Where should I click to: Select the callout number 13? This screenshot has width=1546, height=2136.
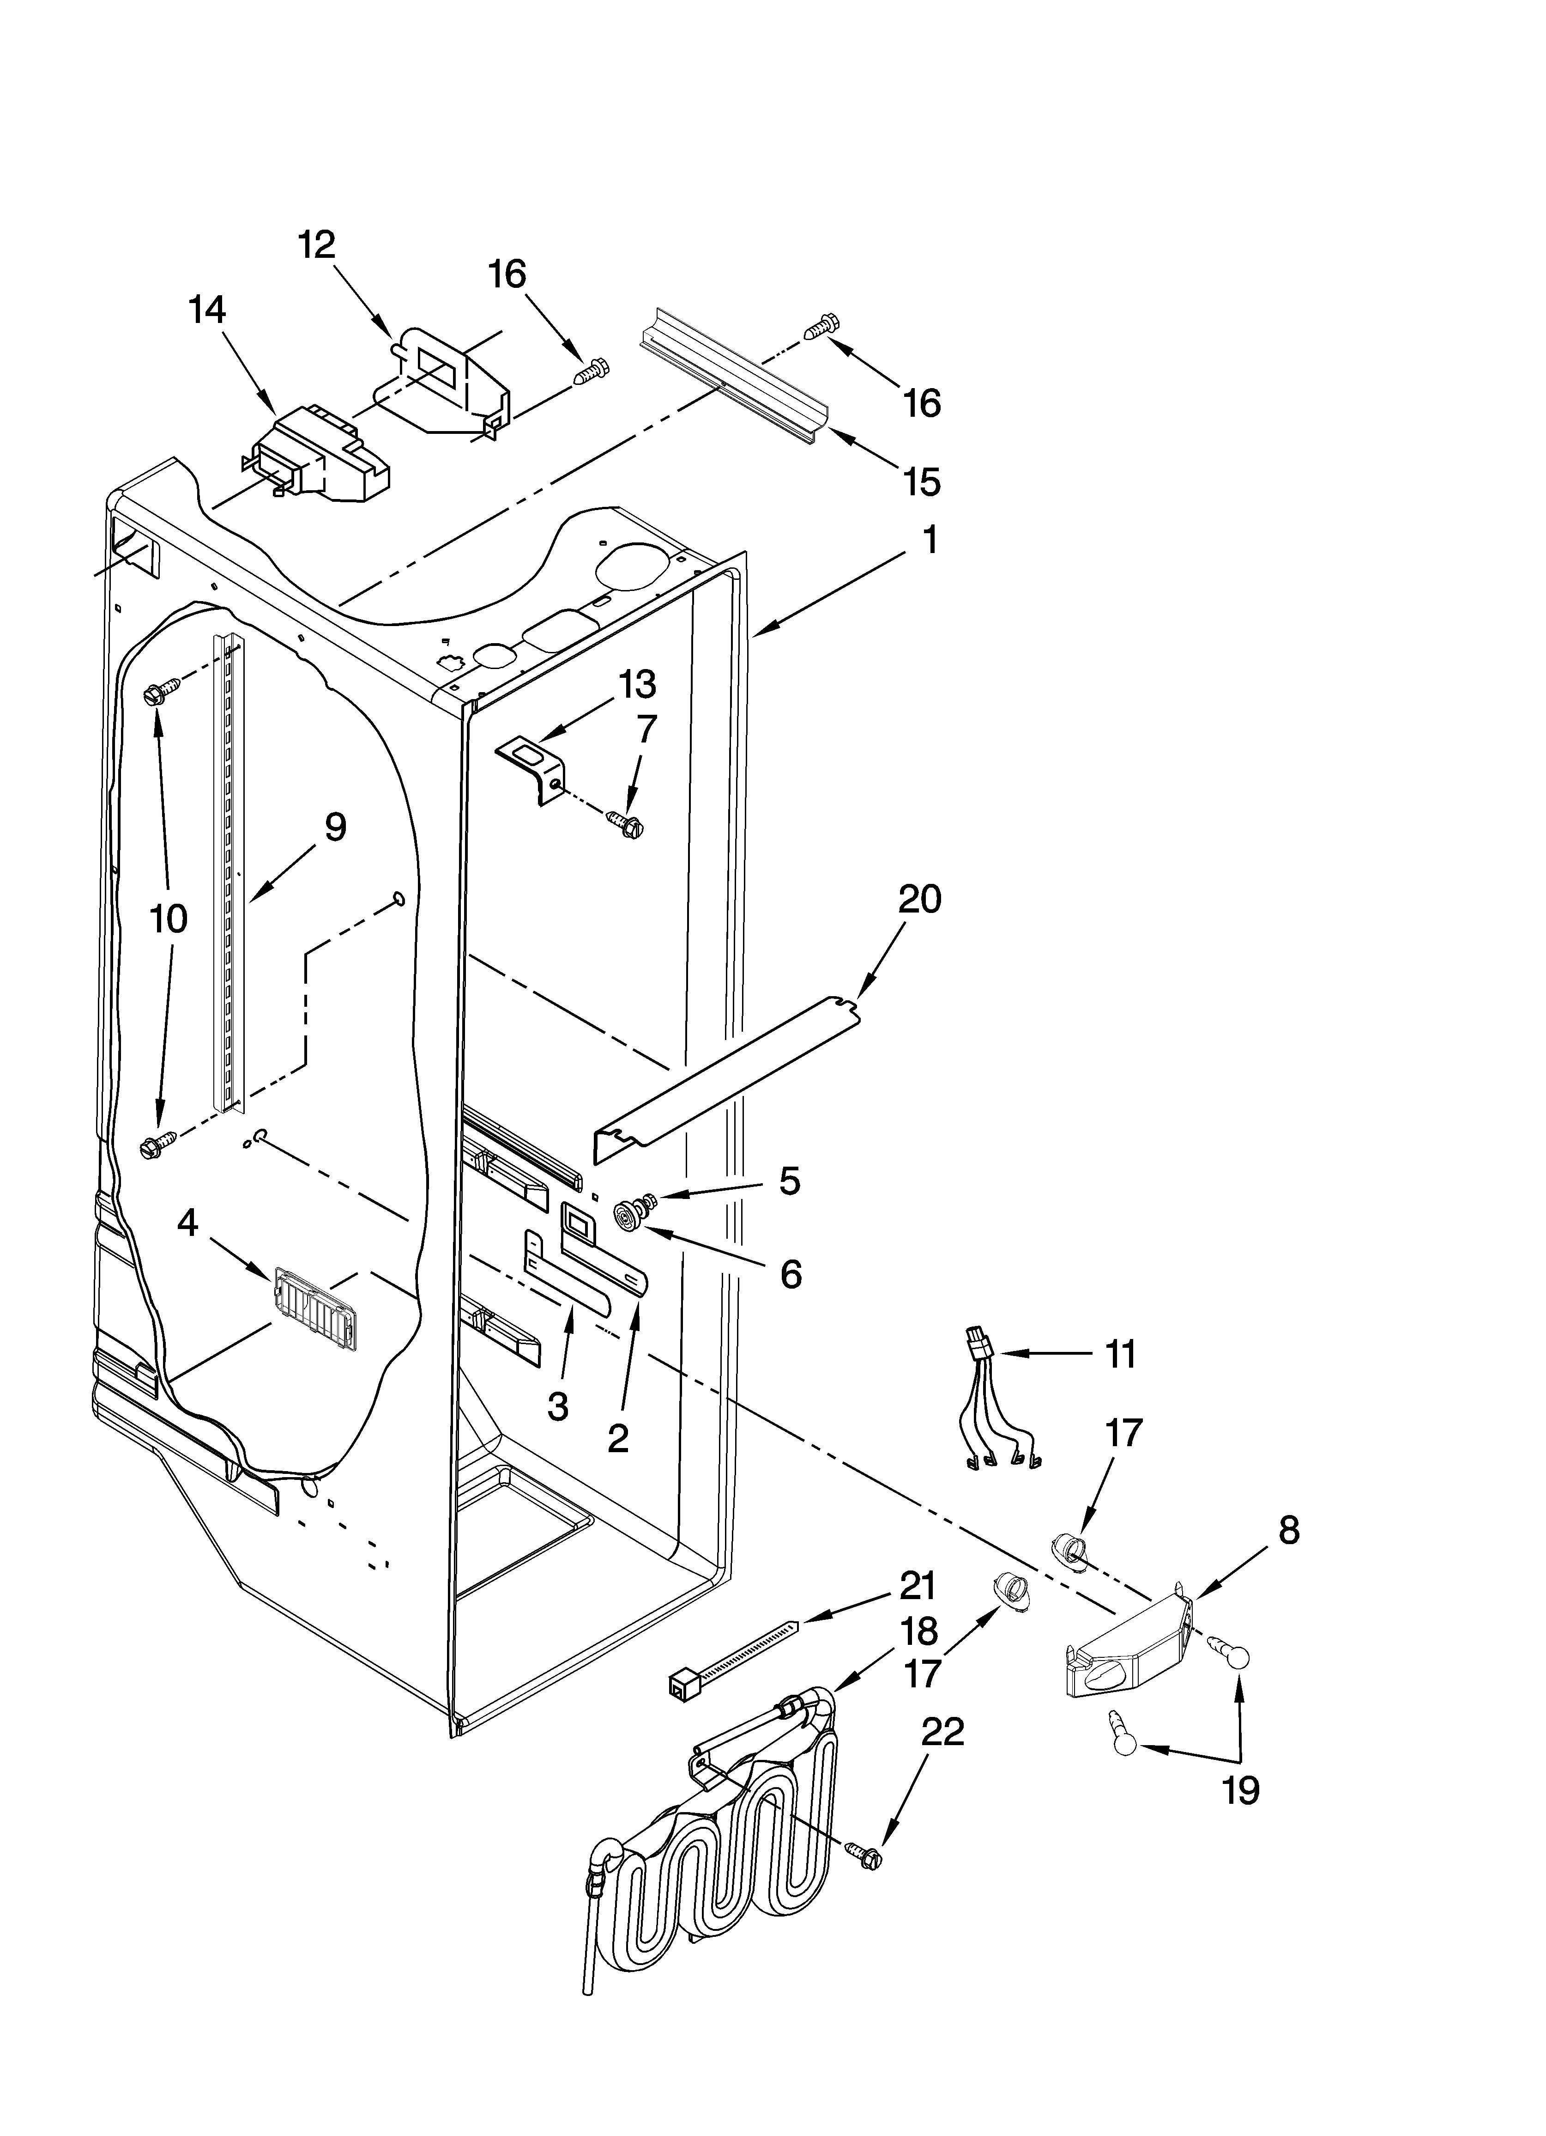pyautogui.click(x=637, y=685)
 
